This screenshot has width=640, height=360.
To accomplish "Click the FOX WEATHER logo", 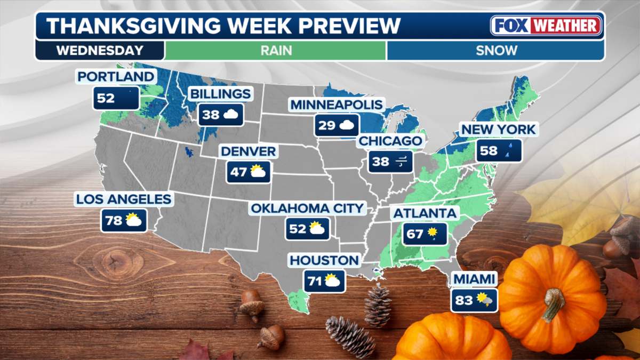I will [x=546, y=26].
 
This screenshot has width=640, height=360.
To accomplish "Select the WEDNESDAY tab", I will [x=100, y=51].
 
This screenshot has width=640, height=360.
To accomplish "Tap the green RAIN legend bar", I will [x=276, y=51].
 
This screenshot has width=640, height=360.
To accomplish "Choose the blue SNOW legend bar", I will [x=496, y=51].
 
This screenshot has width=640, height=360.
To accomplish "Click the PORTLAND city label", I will [x=116, y=77].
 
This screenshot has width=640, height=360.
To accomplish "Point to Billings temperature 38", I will [x=211, y=114].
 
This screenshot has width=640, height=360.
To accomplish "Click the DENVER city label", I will [x=249, y=151].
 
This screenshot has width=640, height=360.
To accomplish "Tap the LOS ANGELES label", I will [x=124, y=199].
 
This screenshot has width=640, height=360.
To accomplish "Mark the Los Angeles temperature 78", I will [x=114, y=220].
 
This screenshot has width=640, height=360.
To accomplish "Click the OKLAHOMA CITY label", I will [x=307, y=208].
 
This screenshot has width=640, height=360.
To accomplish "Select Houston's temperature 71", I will [x=315, y=281].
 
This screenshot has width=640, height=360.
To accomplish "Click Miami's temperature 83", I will [x=464, y=301].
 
